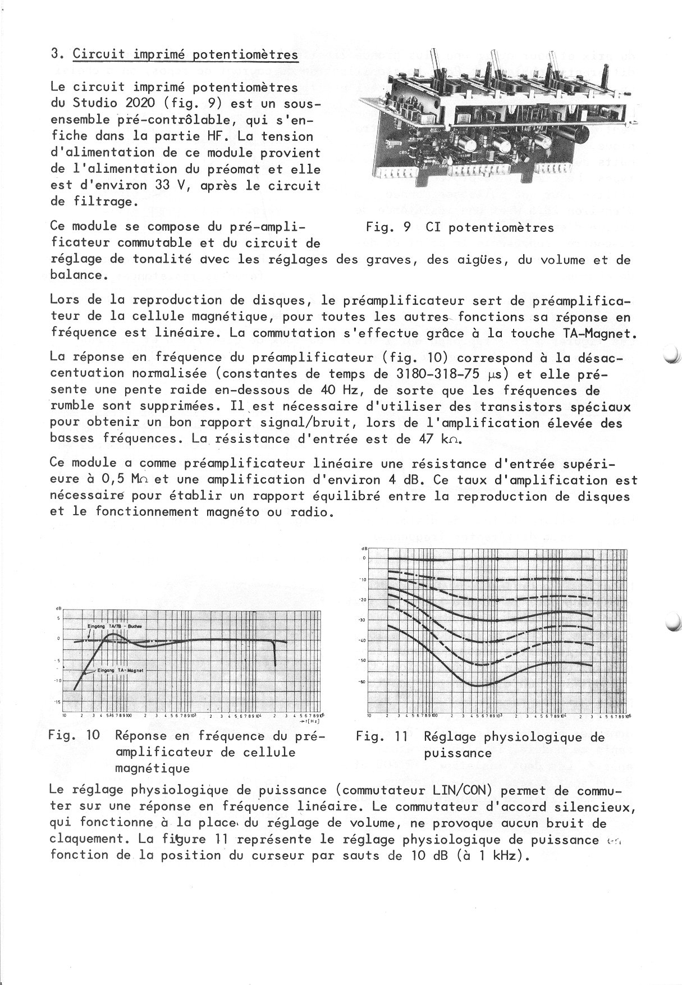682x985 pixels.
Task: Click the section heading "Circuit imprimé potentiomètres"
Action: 185,54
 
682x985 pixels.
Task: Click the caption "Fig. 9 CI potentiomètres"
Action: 460,227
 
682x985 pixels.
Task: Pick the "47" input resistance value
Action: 427,439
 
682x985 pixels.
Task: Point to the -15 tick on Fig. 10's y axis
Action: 57,702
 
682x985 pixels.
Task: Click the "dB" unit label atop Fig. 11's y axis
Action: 364,548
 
